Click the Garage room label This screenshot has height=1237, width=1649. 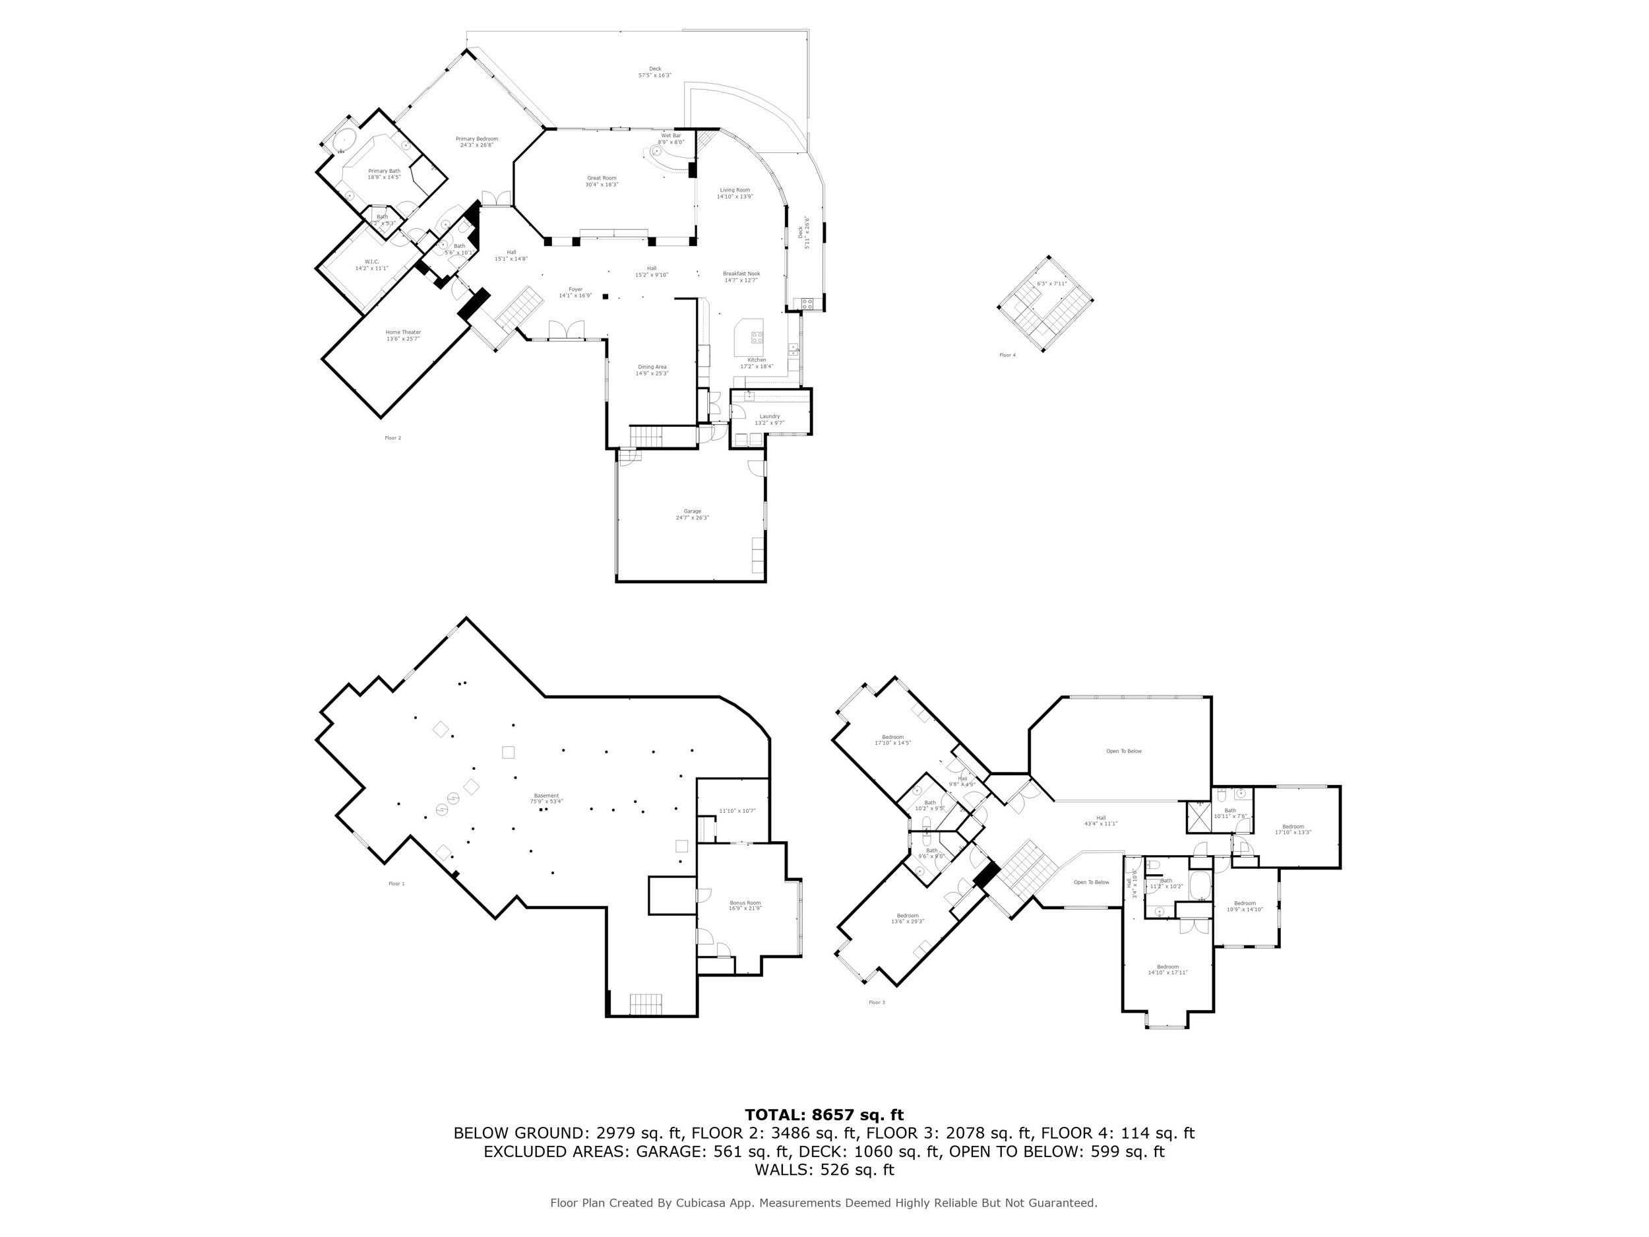tap(692, 514)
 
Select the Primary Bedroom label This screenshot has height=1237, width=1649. tap(476, 142)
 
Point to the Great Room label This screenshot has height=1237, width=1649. tap(602, 181)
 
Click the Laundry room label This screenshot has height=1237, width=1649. tap(769, 419)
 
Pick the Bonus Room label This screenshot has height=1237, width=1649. tap(745, 906)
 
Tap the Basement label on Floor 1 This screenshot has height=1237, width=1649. tap(545, 798)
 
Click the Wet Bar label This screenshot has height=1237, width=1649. tap(670, 139)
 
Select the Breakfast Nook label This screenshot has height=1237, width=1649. tap(741, 276)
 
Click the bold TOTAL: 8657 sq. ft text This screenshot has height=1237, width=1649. tap(824, 1115)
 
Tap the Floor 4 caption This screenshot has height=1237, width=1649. tap(1007, 355)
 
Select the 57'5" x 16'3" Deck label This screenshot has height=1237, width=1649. tap(654, 71)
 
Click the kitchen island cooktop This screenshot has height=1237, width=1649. tap(757, 337)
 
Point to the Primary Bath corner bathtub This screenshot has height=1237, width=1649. tap(344, 142)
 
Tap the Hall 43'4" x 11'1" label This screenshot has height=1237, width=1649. tap(1100, 820)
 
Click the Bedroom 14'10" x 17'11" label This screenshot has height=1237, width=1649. tap(1167, 969)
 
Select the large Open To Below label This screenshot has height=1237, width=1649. tap(1123, 751)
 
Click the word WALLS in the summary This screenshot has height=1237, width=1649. tap(784, 1170)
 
